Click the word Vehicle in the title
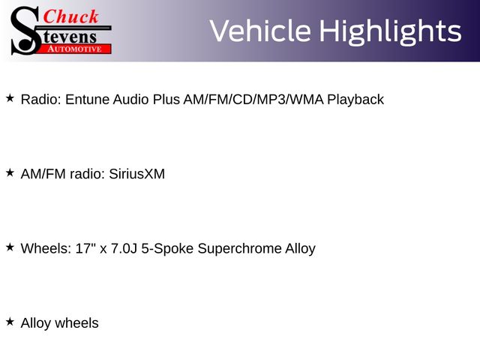pyautogui.click(x=260, y=31)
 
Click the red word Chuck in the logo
pyautogui.click(x=70, y=16)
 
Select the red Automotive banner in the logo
pyautogui.click(x=75, y=49)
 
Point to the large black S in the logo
pyautogui.click(x=25, y=31)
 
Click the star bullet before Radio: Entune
pyautogui.click(x=10, y=98)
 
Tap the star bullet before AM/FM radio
pyautogui.click(x=10, y=172)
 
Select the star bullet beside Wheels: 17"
pyautogui.click(x=10, y=247)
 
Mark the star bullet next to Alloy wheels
pyautogui.click(x=10, y=322)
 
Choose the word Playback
pyautogui.click(x=355, y=100)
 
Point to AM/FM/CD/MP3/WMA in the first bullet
pyautogui.click(x=253, y=100)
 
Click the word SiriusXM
pyautogui.click(x=136, y=174)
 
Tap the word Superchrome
pyautogui.click(x=239, y=248)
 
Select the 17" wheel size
pyautogui.click(x=85, y=248)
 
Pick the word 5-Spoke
pyautogui.click(x=167, y=248)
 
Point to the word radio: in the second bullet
pyautogui.click(x=88, y=174)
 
